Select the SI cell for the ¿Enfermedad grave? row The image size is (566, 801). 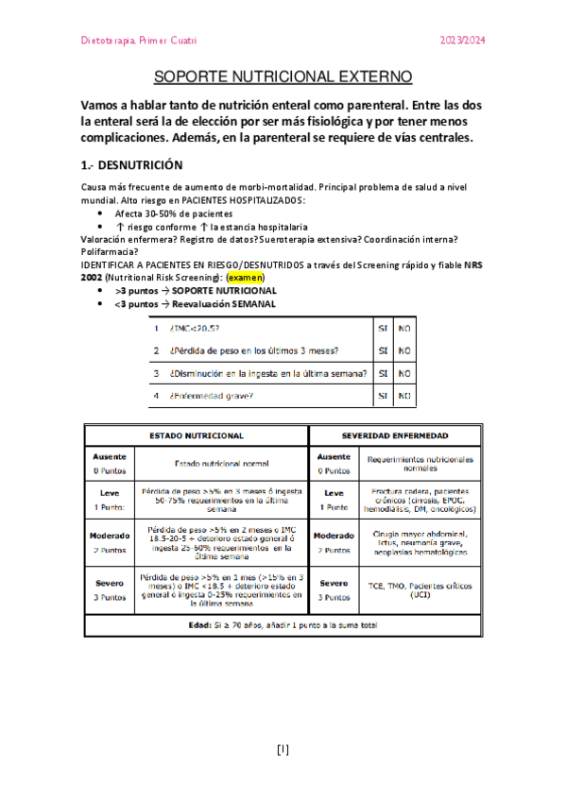(x=383, y=395)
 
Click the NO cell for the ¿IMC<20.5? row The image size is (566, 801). (x=403, y=329)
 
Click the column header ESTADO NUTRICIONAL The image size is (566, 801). (x=197, y=435)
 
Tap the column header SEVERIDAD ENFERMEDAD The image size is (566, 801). (x=395, y=435)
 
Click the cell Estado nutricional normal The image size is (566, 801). (x=222, y=463)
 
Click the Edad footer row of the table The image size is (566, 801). (x=283, y=624)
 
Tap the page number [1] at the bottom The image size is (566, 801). (x=283, y=751)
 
